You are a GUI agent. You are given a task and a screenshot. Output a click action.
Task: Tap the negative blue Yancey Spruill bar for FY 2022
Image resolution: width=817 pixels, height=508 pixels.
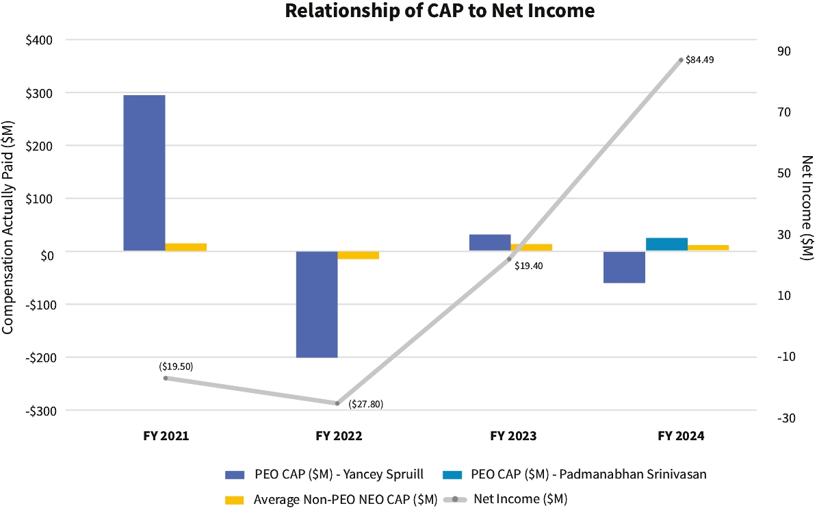click(x=317, y=304)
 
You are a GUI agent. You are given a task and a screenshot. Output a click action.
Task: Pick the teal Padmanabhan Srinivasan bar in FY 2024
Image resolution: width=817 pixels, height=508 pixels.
click(x=666, y=244)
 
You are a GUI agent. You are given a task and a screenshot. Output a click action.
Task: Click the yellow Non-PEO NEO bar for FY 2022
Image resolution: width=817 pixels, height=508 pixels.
click(x=359, y=255)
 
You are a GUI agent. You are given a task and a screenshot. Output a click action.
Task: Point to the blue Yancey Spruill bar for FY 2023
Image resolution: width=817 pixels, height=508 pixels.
click(x=489, y=242)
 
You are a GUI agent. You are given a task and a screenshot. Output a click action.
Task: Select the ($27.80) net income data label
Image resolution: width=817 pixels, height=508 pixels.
click(x=365, y=404)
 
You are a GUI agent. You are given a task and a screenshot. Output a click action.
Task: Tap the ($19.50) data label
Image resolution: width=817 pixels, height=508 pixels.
click(x=176, y=366)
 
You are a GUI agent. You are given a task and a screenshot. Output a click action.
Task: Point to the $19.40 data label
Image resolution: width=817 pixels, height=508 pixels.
click(x=528, y=266)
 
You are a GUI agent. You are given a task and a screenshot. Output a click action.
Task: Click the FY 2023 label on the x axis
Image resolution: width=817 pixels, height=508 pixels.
click(x=513, y=436)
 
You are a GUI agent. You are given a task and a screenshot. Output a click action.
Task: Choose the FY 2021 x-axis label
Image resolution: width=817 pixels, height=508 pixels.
click(x=166, y=436)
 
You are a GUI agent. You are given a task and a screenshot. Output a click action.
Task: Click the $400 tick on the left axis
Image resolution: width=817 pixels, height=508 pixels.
click(x=39, y=40)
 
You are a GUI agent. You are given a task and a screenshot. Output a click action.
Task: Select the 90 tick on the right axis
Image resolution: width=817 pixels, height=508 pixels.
click(x=783, y=51)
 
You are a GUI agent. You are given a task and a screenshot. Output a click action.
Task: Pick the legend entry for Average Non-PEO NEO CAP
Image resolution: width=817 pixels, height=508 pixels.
click(x=332, y=500)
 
